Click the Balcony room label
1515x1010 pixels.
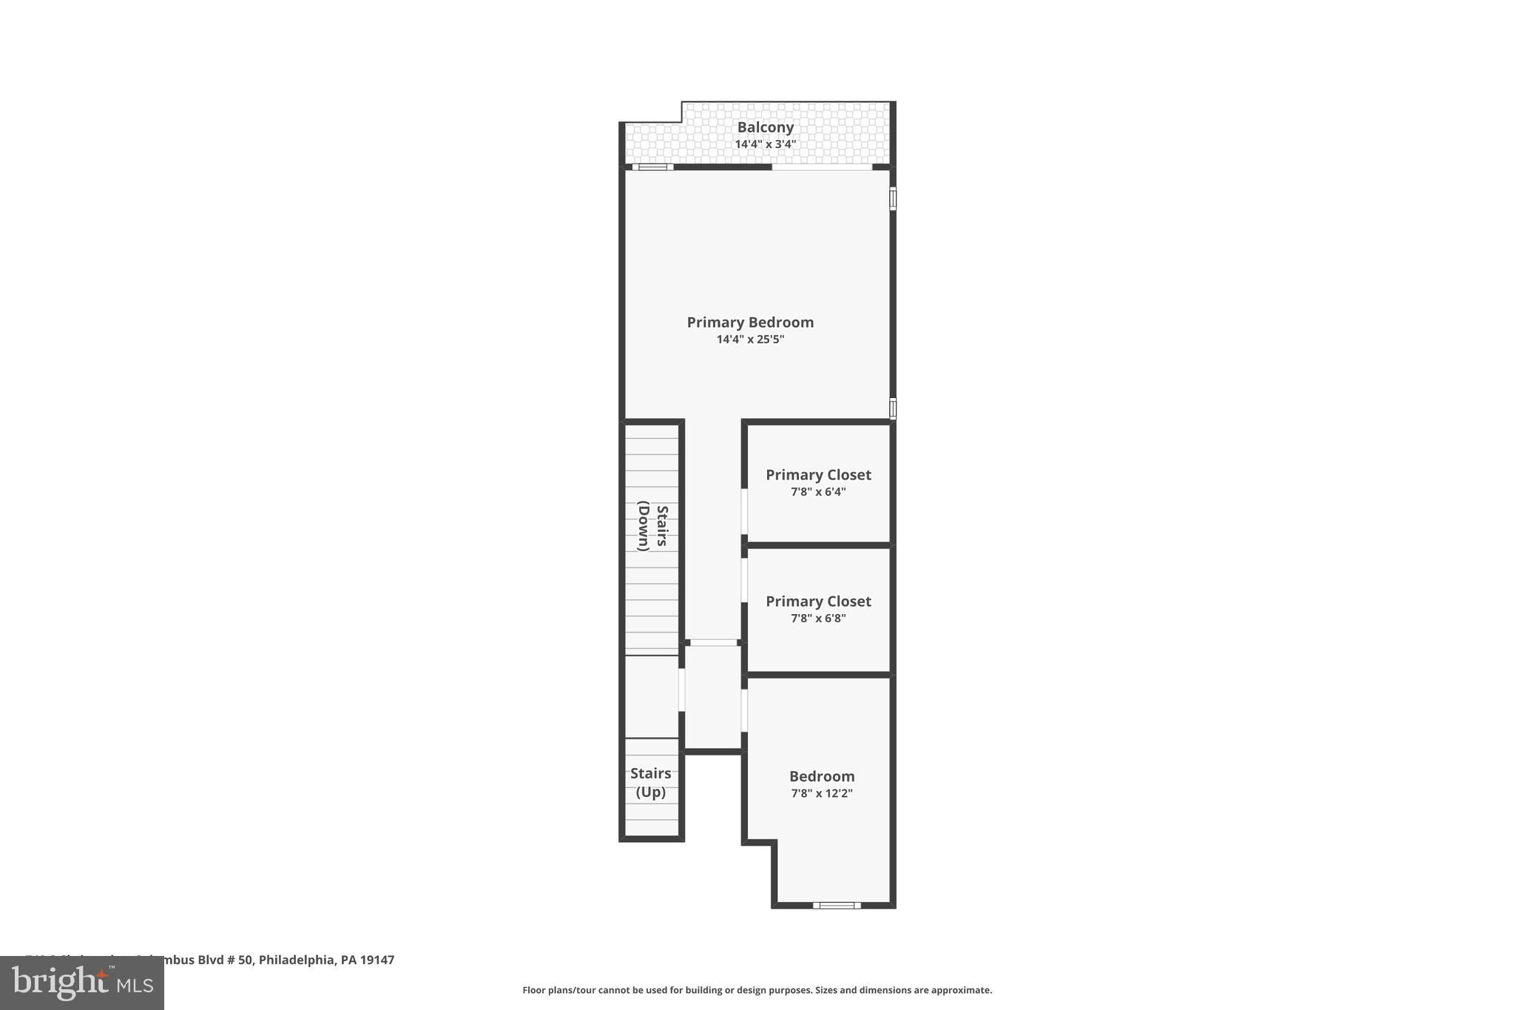point(765,127)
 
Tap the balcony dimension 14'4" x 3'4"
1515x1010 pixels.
point(765,144)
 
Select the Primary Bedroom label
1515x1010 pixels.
point(750,322)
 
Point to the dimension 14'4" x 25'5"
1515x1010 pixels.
point(750,340)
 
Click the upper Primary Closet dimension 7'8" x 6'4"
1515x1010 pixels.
point(818,492)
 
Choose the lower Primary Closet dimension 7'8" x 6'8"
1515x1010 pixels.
point(818,619)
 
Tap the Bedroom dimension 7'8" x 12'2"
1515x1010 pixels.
point(822,793)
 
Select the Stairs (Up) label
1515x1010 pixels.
point(651,783)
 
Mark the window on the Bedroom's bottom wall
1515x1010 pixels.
point(837,905)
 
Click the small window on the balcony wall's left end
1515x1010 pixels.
point(652,167)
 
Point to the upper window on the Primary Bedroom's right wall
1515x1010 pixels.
point(893,199)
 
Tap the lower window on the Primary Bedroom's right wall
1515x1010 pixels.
point(893,408)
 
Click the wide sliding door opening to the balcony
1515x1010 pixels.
point(822,167)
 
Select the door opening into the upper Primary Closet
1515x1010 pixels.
point(744,511)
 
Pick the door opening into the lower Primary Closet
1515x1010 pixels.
point(744,580)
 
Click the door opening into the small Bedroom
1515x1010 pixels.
point(744,710)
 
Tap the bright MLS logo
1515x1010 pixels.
point(82,983)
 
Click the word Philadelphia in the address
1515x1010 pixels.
point(297,960)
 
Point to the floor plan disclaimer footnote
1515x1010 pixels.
point(757,990)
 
